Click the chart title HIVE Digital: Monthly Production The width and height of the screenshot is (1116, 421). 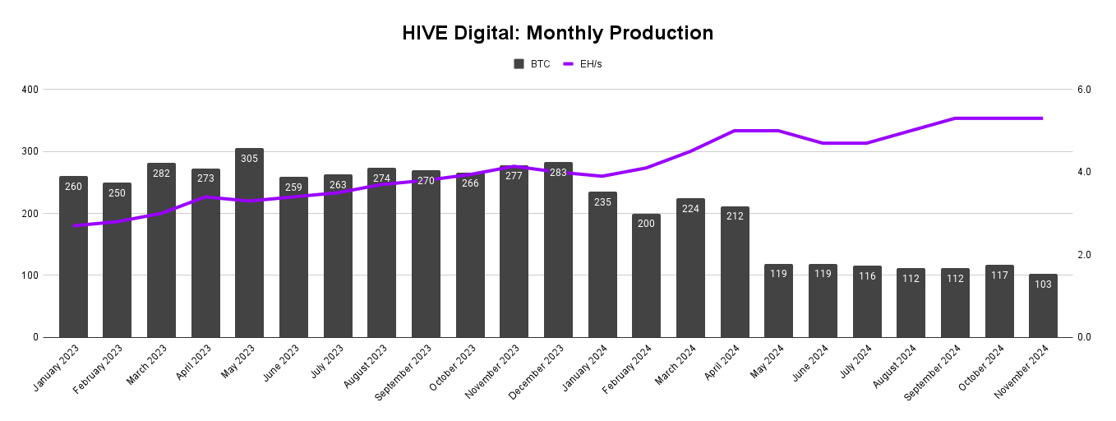[x=557, y=33]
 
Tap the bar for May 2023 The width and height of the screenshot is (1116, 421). [x=250, y=247]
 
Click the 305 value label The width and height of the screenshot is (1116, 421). [x=250, y=159]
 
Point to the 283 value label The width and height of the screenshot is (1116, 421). [x=558, y=173]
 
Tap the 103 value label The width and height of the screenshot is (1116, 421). [x=1043, y=285]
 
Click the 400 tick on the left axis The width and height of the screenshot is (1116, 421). [x=31, y=90]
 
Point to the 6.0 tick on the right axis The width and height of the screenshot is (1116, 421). [x=1084, y=90]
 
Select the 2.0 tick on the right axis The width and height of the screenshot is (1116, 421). [x=1084, y=255]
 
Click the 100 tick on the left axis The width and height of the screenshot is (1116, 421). [x=31, y=275]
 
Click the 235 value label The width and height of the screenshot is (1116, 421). [x=602, y=202]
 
